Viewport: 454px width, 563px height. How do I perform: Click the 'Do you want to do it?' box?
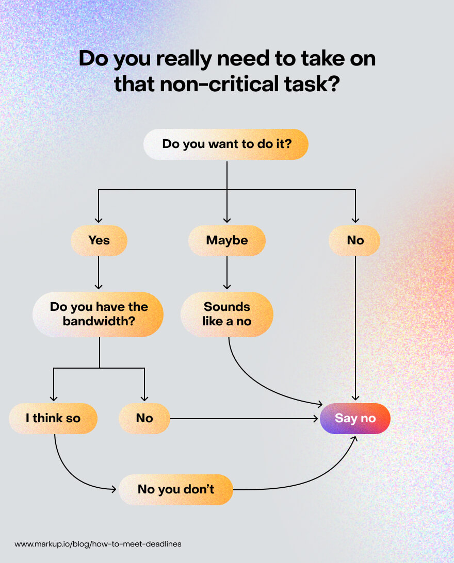pos(226,144)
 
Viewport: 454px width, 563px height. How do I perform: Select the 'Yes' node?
pos(99,241)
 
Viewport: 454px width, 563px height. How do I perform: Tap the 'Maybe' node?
pos(226,241)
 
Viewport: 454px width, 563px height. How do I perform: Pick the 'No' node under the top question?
pos(355,241)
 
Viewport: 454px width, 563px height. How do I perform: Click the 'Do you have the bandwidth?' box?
pos(98,314)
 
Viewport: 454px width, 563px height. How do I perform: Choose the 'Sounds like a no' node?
pos(226,314)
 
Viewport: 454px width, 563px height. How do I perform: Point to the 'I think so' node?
pos(53,418)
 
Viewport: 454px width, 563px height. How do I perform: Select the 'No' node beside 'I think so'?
pos(144,418)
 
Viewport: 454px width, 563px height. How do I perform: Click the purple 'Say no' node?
pos(355,418)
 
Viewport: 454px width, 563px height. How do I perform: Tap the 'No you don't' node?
pos(176,489)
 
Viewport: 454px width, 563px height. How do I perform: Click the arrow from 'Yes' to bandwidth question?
pos(99,273)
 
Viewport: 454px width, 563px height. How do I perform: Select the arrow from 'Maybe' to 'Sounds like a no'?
pos(226,273)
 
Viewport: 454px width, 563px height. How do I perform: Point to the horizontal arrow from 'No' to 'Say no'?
pos(242,418)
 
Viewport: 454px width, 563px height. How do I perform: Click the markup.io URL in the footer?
pos(98,544)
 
